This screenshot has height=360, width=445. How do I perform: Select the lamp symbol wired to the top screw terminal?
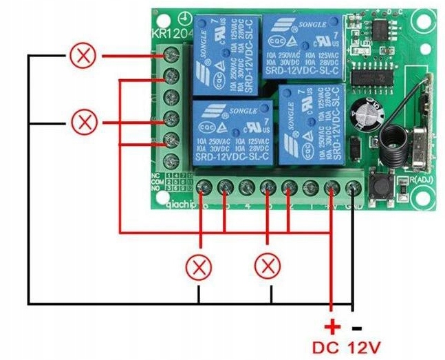click(x=85, y=56)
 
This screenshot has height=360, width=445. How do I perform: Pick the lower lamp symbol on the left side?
click(x=85, y=123)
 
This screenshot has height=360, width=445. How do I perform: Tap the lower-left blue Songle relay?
click(x=232, y=133)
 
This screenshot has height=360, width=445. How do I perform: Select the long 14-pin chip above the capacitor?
click(x=372, y=76)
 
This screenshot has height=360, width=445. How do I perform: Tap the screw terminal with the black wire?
click(x=354, y=187)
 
